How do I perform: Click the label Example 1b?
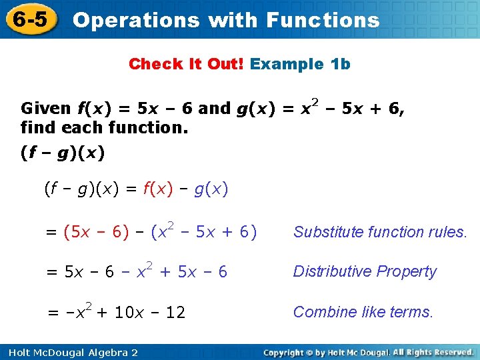[x=300, y=64]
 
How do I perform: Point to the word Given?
[x=45, y=108]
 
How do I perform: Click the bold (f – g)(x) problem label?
[x=63, y=153]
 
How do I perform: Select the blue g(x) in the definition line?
[x=211, y=189]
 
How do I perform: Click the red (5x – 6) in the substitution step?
[x=96, y=232]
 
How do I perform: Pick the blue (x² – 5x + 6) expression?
[x=203, y=231]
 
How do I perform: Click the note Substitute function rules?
[x=380, y=232]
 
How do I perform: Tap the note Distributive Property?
[x=365, y=271]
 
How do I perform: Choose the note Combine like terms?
[x=363, y=311]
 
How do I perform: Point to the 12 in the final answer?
[x=175, y=312]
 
